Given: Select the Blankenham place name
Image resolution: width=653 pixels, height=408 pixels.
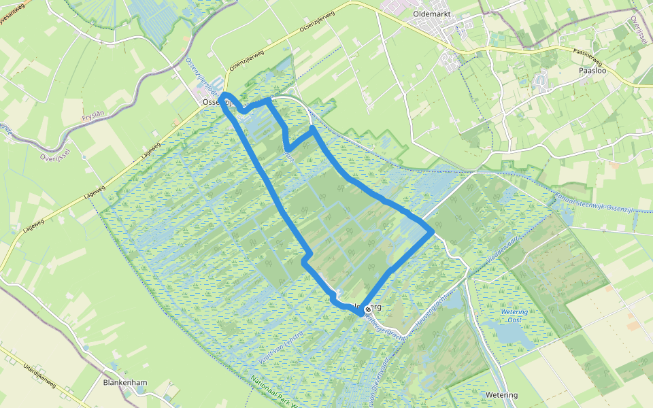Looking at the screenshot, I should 125,383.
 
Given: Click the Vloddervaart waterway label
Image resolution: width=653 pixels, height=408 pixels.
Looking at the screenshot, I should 499,248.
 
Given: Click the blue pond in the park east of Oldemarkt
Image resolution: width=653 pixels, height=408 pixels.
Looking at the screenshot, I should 542,82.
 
